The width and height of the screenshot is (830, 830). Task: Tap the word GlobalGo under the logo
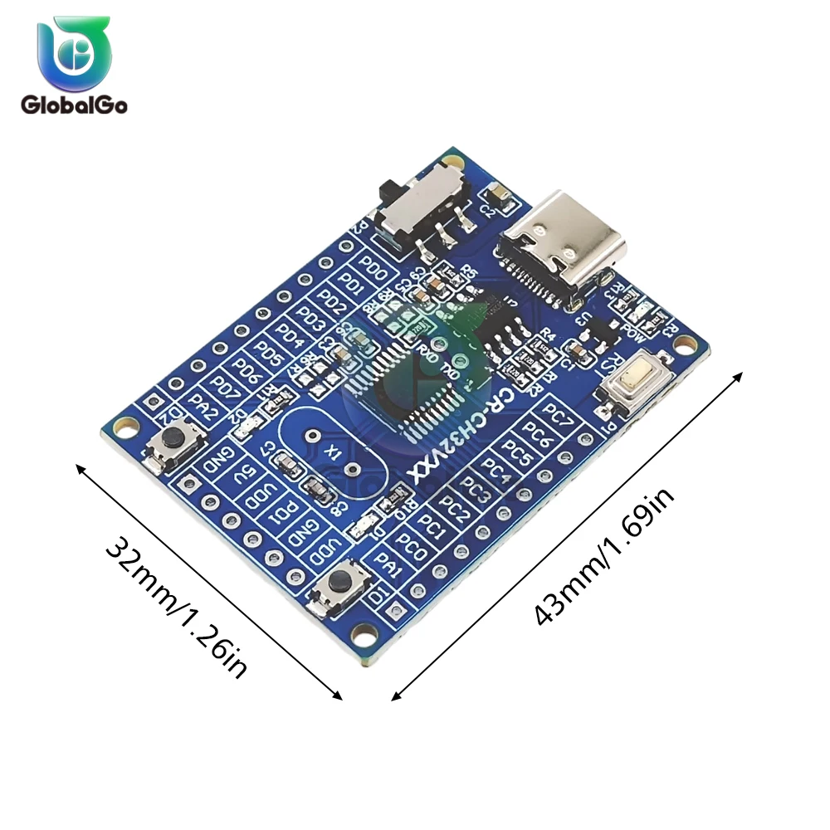(74, 105)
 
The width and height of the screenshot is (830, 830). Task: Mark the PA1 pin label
(388, 566)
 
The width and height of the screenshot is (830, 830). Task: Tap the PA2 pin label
(203, 407)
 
